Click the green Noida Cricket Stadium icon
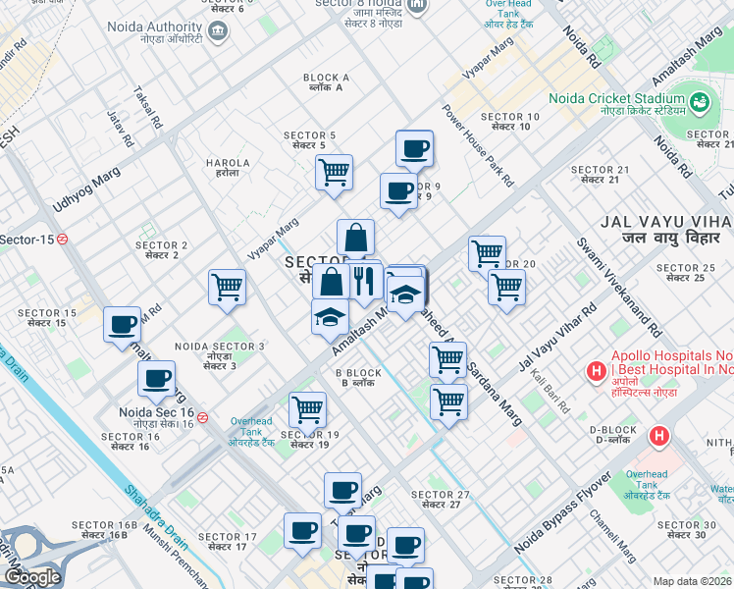700,100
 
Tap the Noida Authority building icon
216,30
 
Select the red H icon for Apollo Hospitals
595,372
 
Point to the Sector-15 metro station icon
62,239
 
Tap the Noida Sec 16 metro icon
202,417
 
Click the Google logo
31,577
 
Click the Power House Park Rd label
478,145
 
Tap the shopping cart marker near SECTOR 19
307,409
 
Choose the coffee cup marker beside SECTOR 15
123,324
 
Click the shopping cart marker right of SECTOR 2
227,288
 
